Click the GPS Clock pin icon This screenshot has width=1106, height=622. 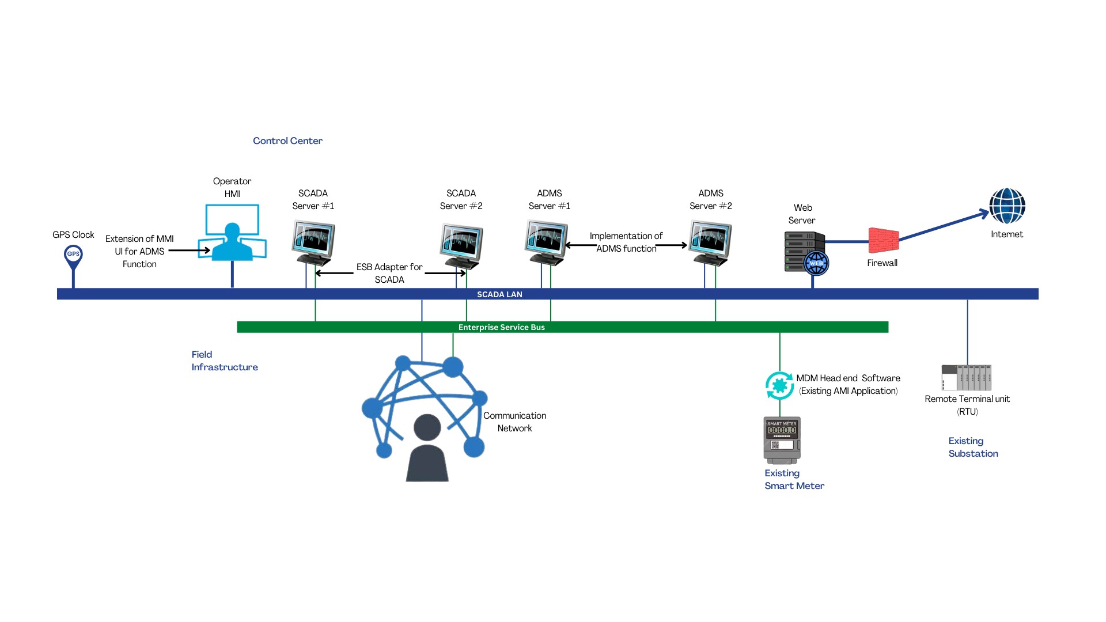click(73, 256)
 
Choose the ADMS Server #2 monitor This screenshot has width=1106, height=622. click(711, 242)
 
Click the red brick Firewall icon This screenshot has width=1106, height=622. click(884, 240)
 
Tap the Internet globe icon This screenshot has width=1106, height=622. click(1007, 206)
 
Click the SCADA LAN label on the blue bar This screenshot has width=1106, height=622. click(499, 294)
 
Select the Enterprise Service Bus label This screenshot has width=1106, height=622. click(501, 327)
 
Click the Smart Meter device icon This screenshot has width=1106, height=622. click(782, 439)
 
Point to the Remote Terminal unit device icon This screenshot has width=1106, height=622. click(967, 377)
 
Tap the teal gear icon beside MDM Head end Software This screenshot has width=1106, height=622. click(779, 385)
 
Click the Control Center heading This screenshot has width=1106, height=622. click(287, 141)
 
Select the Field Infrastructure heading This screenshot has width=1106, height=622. click(224, 361)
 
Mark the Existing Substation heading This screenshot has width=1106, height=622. click(973, 447)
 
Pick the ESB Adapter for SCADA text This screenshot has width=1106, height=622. click(389, 273)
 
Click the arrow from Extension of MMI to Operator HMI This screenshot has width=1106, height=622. click(189, 251)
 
